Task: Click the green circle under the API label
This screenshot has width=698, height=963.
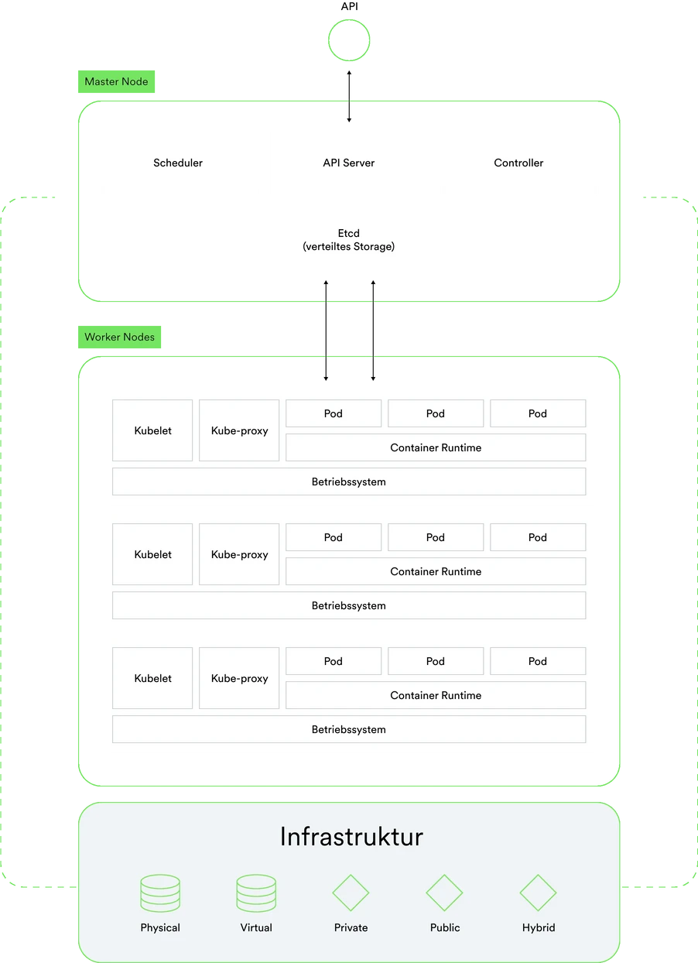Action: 349,20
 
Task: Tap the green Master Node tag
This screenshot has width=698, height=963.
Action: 116,81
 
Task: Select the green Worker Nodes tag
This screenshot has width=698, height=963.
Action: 119,337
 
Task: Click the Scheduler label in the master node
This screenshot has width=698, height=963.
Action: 178,163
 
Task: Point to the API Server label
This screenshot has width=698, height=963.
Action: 348,163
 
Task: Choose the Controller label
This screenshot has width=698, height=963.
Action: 518,163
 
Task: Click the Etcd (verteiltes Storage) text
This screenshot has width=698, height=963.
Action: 348,239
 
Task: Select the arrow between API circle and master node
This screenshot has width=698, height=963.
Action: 349,96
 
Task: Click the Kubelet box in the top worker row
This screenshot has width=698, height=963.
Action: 152,430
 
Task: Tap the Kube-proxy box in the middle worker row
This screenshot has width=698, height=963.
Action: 239,554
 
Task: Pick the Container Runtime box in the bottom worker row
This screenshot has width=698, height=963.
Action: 436,695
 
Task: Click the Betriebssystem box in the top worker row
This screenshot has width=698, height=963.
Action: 349,481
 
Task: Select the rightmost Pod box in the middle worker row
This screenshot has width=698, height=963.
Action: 538,537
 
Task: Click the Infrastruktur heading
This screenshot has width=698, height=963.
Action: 351,837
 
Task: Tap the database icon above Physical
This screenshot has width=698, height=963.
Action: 160,893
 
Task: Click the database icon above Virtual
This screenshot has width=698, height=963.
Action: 256,893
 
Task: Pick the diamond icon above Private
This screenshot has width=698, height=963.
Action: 351,876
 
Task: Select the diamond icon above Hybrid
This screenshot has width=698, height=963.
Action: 538,876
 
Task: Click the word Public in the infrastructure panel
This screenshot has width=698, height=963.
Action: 445,927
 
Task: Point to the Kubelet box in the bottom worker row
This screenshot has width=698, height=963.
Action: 152,678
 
